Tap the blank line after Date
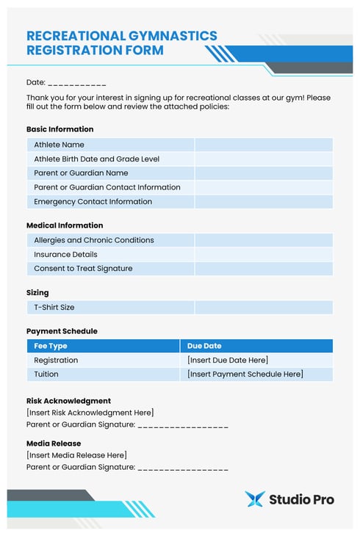[x=77, y=83]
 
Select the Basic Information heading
[x=60, y=129]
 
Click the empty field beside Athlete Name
[x=263, y=145]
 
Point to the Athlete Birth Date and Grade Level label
[x=96, y=159]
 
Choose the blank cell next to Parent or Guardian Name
[x=263, y=173]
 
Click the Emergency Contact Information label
[x=93, y=202]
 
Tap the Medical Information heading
[x=65, y=225]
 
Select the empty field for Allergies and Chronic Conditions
[x=263, y=240]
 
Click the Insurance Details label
[x=65, y=254]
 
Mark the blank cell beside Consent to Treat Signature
[x=263, y=269]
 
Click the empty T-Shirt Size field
[x=263, y=308]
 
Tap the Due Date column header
[x=204, y=346]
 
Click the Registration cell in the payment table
[x=56, y=361]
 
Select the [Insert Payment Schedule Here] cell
[x=245, y=374]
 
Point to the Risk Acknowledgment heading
[x=69, y=401]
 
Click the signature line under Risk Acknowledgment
[x=183, y=425]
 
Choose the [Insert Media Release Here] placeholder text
[x=76, y=455]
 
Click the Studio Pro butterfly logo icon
[x=254, y=499]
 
